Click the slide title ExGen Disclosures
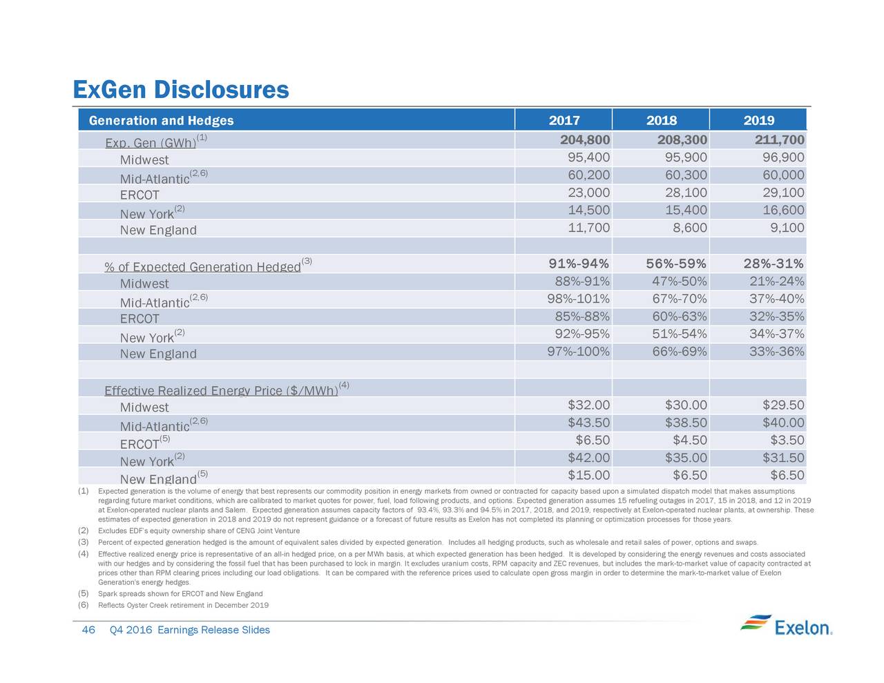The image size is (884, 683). click(181, 90)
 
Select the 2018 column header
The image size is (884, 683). click(662, 120)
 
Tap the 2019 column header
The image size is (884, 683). click(759, 120)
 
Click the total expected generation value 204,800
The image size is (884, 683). click(584, 140)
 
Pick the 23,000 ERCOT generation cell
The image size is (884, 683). click(588, 193)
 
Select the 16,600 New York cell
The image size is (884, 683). click(783, 210)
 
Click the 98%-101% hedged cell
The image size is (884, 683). click(578, 299)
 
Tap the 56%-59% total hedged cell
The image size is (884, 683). click(675, 264)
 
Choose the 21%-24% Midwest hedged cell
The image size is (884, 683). click(776, 281)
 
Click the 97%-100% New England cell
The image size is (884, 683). click(578, 352)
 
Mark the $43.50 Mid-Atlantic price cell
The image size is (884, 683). click(588, 423)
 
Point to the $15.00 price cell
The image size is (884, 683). click(588, 475)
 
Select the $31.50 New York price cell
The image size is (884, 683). click(783, 458)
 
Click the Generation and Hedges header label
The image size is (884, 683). click(161, 120)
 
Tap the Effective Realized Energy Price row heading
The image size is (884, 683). click(221, 390)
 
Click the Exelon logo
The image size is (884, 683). click(786, 626)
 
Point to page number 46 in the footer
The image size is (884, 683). click(88, 630)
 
